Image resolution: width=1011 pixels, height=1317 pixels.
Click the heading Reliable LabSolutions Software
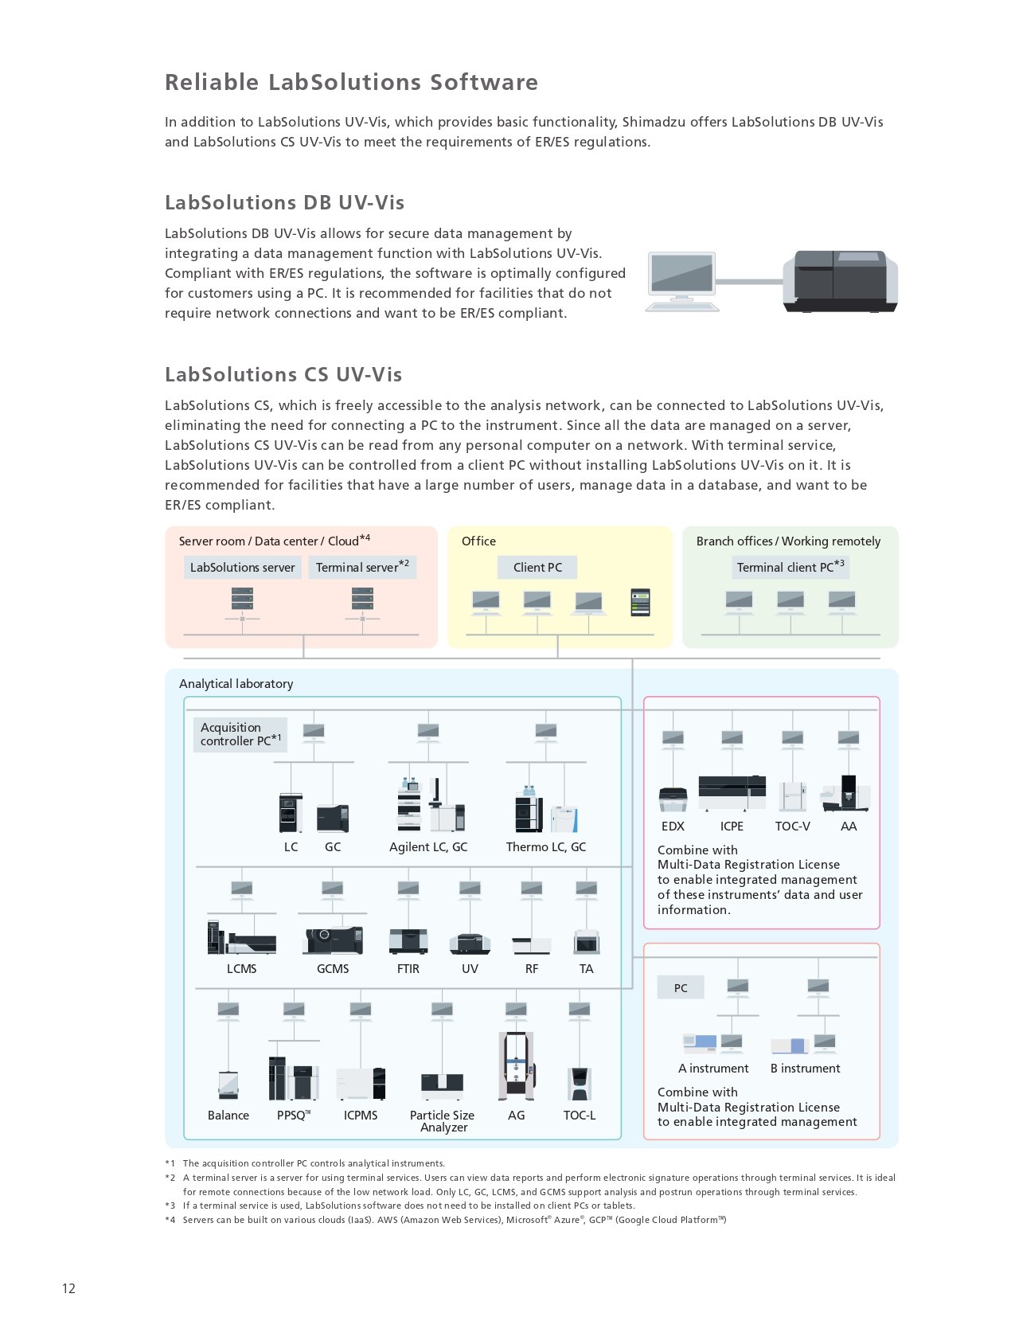pyautogui.click(x=351, y=82)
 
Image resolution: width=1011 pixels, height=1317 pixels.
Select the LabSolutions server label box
pyautogui.click(x=242, y=567)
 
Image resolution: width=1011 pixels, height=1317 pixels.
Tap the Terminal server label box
pyautogui.click(x=362, y=567)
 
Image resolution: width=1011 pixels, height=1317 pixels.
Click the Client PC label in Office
pyautogui.click(x=537, y=567)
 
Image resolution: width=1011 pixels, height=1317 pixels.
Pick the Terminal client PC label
pyautogui.click(x=790, y=567)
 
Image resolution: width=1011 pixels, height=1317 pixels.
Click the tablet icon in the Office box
pyautogui.click(x=640, y=602)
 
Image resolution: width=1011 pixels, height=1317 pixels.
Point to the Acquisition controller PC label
pyautogui.click(x=240, y=735)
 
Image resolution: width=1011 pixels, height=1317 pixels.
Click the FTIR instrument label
pyautogui.click(x=408, y=968)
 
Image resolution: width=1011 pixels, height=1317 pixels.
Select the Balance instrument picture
pyautogui.click(x=228, y=1084)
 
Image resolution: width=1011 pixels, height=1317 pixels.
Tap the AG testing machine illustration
pyautogui.click(x=516, y=1065)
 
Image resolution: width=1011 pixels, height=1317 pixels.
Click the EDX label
pyautogui.click(x=673, y=826)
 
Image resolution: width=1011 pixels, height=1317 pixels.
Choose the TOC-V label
pyautogui.click(x=792, y=826)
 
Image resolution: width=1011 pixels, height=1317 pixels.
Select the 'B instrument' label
pyautogui.click(x=805, y=1068)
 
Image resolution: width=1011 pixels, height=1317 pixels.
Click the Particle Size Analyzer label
pyautogui.click(x=442, y=1120)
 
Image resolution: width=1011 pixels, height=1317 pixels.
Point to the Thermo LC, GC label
pyautogui.click(x=546, y=846)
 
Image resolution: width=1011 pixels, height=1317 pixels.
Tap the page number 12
pyautogui.click(x=68, y=1288)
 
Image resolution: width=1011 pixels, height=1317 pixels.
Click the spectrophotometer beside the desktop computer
pyautogui.click(x=840, y=281)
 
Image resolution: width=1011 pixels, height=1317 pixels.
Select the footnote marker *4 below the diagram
pyautogui.click(x=170, y=1219)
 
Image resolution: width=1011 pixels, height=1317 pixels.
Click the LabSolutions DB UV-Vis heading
pyautogui.click(x=285, y=202)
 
